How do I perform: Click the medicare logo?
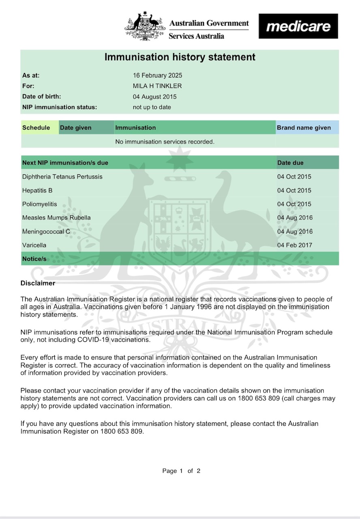[x=298, y=26]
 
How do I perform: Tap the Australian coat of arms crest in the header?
[x=145, y=27]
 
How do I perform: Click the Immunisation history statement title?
[x=180, y=57]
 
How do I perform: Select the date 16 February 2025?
[x=158, y=75]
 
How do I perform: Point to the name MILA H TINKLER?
[x=157, y=86]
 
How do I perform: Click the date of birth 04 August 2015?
[x=155, y=97]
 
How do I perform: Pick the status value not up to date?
[x=152, y=107]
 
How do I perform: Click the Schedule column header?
[x=36, y=128]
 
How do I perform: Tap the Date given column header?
[x=76, y=128]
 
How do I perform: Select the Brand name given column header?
[x=304, y=128]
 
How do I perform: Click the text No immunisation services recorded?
[x=165, y=142]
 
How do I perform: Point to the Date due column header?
[x=290, y=163]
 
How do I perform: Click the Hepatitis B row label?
[x=37, y=191]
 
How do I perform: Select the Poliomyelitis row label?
[x=40, y=204]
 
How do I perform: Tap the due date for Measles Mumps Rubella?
[x=295, y=218]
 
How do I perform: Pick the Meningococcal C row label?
[x=46, y=232]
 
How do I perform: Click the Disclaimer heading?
[x=38, y=283]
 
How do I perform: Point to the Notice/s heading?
[x=34, y=259]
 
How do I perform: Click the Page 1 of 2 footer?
[x=181, y=471]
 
